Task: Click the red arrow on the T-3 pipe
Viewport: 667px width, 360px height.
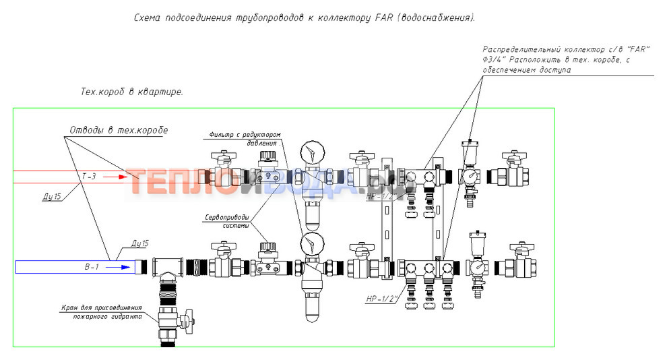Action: pos(117,177)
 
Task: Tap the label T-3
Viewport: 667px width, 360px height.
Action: pos(90,176)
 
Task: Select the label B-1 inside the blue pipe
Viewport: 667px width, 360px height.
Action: pos(92,267)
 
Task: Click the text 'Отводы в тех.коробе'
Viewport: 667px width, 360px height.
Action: pos(119,129)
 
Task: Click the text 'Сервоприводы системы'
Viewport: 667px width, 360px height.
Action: pos(226,221)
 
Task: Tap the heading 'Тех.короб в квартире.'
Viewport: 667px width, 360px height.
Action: pos(132,91)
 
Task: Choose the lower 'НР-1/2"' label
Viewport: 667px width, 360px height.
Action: pos(381,298)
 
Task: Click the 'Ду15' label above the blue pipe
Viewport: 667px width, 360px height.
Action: pos(140,243)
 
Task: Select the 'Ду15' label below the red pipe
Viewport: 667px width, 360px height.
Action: pos(49,196)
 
